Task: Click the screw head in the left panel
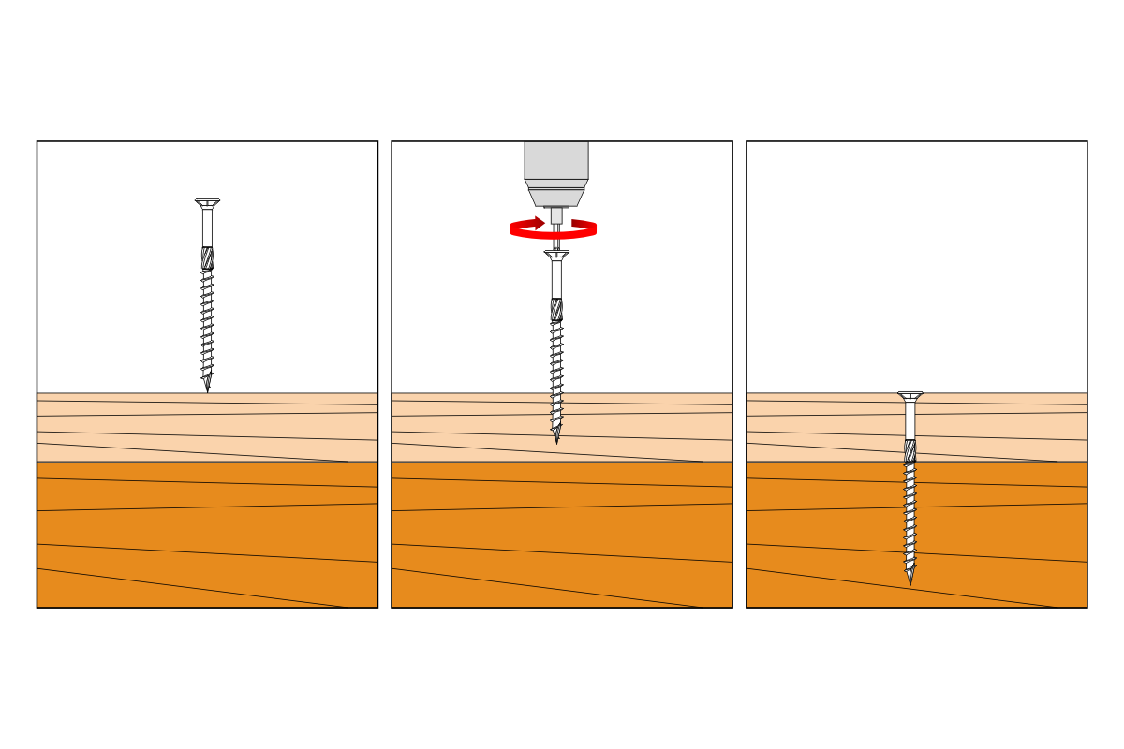[x=207, y=203]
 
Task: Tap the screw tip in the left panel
[x=207, y=387]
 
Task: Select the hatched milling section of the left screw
[x=207, y=258]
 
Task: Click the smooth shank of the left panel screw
[x=207, y=228]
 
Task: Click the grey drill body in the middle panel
[x=556, y=160]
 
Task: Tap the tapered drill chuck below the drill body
[x=556, y=197]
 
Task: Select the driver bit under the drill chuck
[x=556, y=216]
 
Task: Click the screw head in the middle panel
[x=556, y=255]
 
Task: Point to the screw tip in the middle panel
[x=556, y=438]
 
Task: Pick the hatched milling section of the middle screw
[x=556, y=310]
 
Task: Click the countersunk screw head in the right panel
[x=910, y=396]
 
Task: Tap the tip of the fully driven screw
[x=910, y=580]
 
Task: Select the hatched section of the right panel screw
[x=910, y=450]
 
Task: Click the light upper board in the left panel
[x=112, y=426]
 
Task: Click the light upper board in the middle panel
[x=468, y=426]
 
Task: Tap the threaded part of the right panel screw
[x=910, y=515]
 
